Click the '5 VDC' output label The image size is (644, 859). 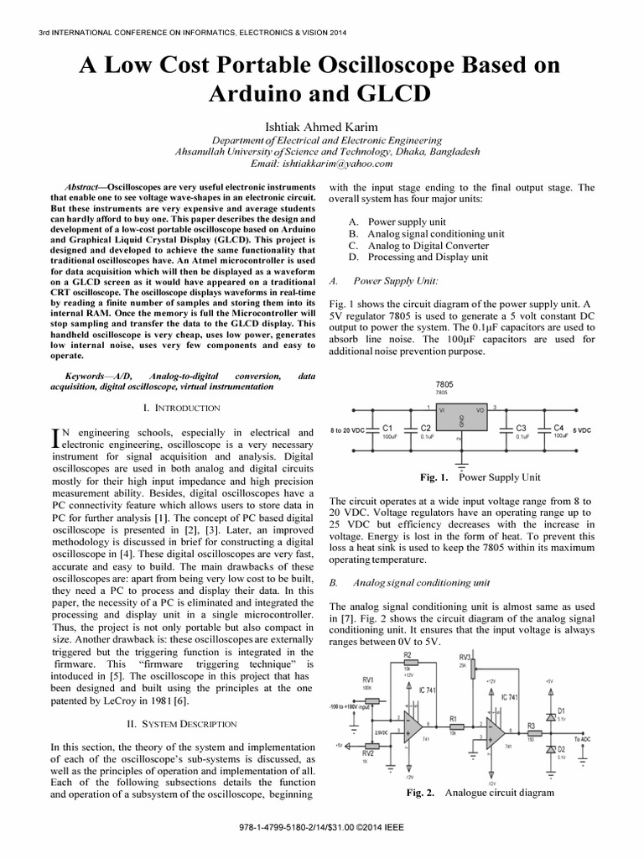581,430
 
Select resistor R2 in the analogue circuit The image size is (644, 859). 408,664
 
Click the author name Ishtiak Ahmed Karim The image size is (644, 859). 322,126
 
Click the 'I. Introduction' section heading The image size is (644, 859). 182,408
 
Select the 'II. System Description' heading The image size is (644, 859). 182,722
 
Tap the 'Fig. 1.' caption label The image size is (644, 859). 436,477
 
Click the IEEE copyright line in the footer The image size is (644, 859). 322,836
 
